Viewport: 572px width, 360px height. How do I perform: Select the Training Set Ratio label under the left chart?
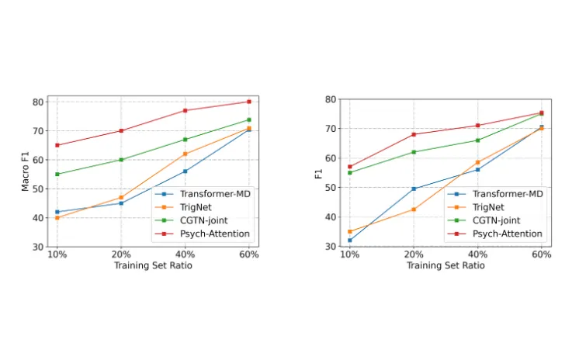click(x=153, y=266)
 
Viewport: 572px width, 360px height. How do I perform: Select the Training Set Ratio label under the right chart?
click(x=445, y=265)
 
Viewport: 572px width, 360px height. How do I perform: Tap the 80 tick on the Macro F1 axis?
click(x=36, y=102)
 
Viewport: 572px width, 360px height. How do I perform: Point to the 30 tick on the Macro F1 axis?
click(x=36, y=247)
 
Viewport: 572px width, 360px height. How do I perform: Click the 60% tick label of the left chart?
click(x=249, y=254)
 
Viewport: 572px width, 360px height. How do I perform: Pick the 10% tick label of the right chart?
click(x=349, y=254)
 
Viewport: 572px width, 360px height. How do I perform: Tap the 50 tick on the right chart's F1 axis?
click(x=329, y=188)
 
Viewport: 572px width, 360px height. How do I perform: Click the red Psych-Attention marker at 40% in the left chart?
click(x=185, y=110)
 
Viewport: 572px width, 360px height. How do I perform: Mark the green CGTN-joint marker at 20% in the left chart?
click(x=121, y=160)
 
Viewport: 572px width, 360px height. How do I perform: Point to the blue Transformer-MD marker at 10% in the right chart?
click(x=349, y=241)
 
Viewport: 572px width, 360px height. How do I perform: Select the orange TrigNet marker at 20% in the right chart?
click(x=414, y=209)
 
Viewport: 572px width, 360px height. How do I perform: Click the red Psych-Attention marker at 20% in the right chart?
click(x=414, y=134)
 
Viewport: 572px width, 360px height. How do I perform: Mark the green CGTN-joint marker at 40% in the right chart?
click(x=477, y=140)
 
